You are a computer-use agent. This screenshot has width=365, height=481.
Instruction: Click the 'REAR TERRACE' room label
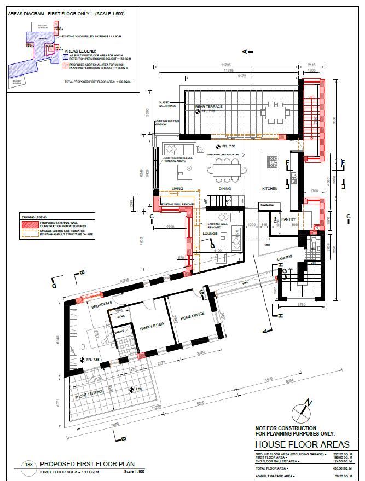(211, 106)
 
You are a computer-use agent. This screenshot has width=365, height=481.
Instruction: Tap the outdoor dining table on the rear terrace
(271, 114)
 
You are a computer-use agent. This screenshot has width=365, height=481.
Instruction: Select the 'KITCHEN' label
(270, 188)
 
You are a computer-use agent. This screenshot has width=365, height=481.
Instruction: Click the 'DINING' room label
(225, 188)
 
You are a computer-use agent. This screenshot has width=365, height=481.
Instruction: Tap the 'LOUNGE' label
(211, 233)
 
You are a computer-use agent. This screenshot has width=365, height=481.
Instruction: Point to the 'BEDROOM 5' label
(102, 304)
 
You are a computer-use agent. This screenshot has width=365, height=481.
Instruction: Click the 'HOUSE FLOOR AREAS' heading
(291, 443)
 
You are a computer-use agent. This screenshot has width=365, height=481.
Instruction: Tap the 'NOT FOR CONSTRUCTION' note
(286, 428)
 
